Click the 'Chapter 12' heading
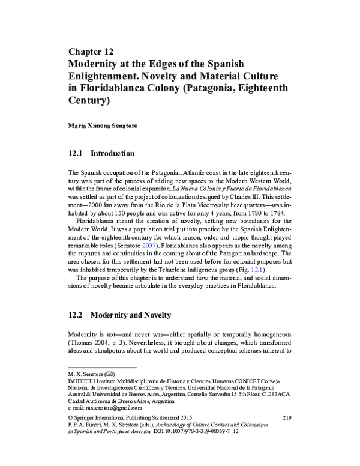tap(91, 52)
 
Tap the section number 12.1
tap(79, 154)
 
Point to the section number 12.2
tap(79, 315)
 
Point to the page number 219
tap(286, 416)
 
